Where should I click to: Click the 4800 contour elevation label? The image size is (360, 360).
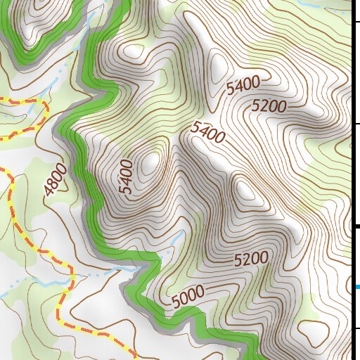coord(56,180)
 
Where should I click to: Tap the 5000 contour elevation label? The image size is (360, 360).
coord(188,296)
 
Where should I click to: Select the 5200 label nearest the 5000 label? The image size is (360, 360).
coord(251,259)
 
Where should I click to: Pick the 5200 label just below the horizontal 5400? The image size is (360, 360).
coord(269,107)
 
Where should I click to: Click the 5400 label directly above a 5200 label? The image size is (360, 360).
coord(243,86)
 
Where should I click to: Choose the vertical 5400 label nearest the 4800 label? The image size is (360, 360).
coord(126,176)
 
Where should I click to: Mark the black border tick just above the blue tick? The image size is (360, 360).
coord(356,226)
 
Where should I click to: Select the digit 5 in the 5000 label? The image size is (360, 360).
coord(174,302)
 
